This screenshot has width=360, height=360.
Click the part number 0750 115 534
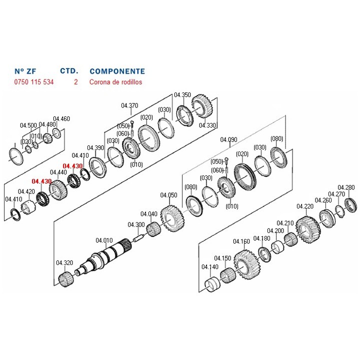33,82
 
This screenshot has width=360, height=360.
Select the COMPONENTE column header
117,71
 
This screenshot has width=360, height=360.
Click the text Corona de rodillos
116,82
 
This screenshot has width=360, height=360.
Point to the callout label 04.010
104,240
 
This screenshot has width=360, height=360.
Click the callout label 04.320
64,262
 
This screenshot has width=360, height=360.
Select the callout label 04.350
182,95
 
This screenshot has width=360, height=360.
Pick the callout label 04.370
129,105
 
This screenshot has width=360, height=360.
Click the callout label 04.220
305,206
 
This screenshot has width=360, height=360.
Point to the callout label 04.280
346,187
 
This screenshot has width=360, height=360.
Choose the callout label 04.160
241,241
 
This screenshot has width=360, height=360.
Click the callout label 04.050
168,195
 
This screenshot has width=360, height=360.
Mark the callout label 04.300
136,224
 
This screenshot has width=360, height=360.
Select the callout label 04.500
28,125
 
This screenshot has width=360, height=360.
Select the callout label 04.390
95,147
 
